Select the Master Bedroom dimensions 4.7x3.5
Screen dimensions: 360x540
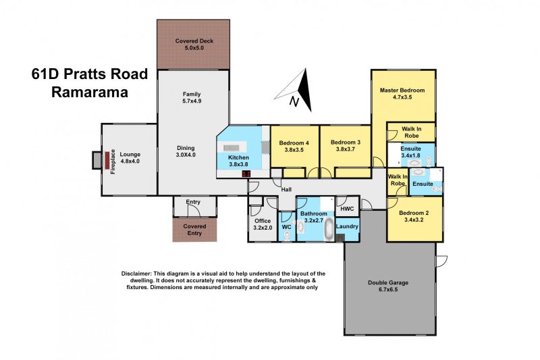[402, 97]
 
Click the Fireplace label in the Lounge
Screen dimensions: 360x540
[113, 160]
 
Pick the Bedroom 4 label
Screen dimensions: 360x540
[294, 143]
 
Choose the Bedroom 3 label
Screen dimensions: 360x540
[344, 143]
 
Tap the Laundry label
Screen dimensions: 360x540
[347, 227]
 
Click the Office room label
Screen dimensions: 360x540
[262, 221]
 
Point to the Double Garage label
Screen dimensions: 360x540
[388, 282]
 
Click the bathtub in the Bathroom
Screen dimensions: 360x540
[329, 230]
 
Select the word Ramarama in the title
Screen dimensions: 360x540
[90, 93]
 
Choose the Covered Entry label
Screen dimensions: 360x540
[194, 230]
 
